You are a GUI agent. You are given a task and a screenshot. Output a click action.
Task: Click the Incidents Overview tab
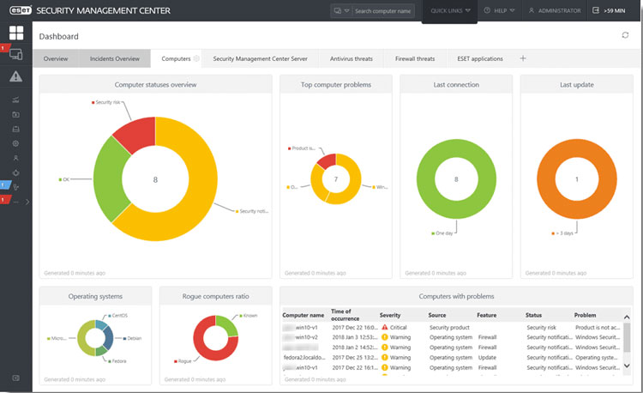114,58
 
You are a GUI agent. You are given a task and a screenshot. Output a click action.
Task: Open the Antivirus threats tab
352,58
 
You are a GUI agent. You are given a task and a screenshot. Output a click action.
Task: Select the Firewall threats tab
414,58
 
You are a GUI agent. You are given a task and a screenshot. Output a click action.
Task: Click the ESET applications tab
480,58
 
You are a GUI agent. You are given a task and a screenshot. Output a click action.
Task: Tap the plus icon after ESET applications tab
523,58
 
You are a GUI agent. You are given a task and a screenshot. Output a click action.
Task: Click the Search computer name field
383,11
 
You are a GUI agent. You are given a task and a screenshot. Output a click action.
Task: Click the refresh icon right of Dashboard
625,35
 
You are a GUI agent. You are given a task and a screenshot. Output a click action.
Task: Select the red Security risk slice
135,136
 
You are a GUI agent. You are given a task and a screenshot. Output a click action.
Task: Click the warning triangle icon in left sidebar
15,76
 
